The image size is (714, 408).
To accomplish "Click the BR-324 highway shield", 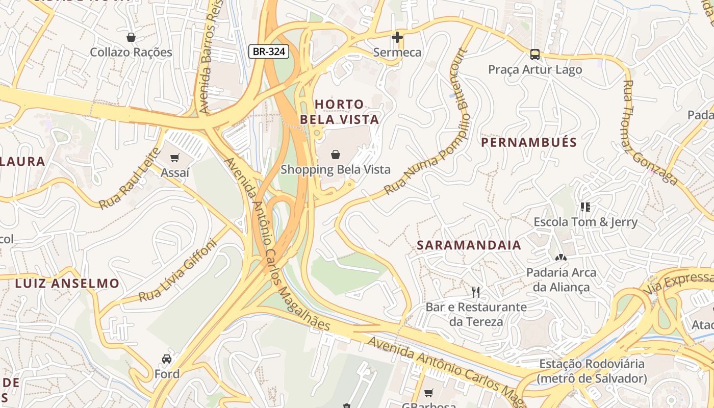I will [269, 51].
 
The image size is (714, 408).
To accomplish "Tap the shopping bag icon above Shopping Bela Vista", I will [336, 154].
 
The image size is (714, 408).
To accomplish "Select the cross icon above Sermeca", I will [397, 37].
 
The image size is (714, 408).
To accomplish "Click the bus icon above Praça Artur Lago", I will [534, 54].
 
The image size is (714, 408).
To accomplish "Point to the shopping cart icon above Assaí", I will [175, 158].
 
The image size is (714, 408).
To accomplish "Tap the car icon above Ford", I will [167, 359].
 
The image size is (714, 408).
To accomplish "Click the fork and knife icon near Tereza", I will [476, 292].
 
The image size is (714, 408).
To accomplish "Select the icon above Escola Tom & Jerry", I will [585, 207].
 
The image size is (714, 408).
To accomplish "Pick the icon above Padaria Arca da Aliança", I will [561, 258].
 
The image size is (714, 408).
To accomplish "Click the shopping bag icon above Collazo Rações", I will [131, 37].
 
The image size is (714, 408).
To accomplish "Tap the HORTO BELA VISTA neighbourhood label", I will [339, 112].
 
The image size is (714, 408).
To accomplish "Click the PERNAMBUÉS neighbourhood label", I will [529, 142].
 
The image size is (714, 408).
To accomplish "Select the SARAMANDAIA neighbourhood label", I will [469, 245].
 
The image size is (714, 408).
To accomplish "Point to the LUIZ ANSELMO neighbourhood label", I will [67, 284].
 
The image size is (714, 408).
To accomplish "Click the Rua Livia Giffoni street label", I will [178, 271].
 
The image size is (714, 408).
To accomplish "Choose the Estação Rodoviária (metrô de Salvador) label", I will [592, 371].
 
